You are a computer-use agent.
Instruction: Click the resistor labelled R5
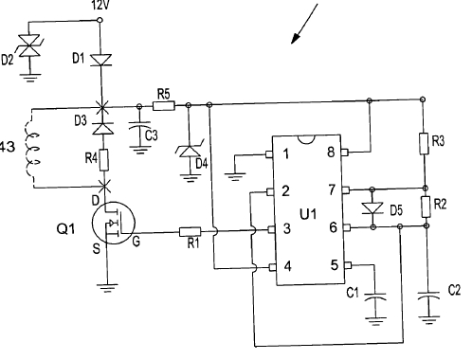(x=162, y=104)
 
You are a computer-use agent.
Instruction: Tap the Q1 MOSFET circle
(x=113, y=225)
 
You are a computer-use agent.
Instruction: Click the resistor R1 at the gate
(x=191, y=230)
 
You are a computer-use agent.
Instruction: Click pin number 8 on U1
(x=331, y=152)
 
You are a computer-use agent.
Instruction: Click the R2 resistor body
(x=426, y=206)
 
